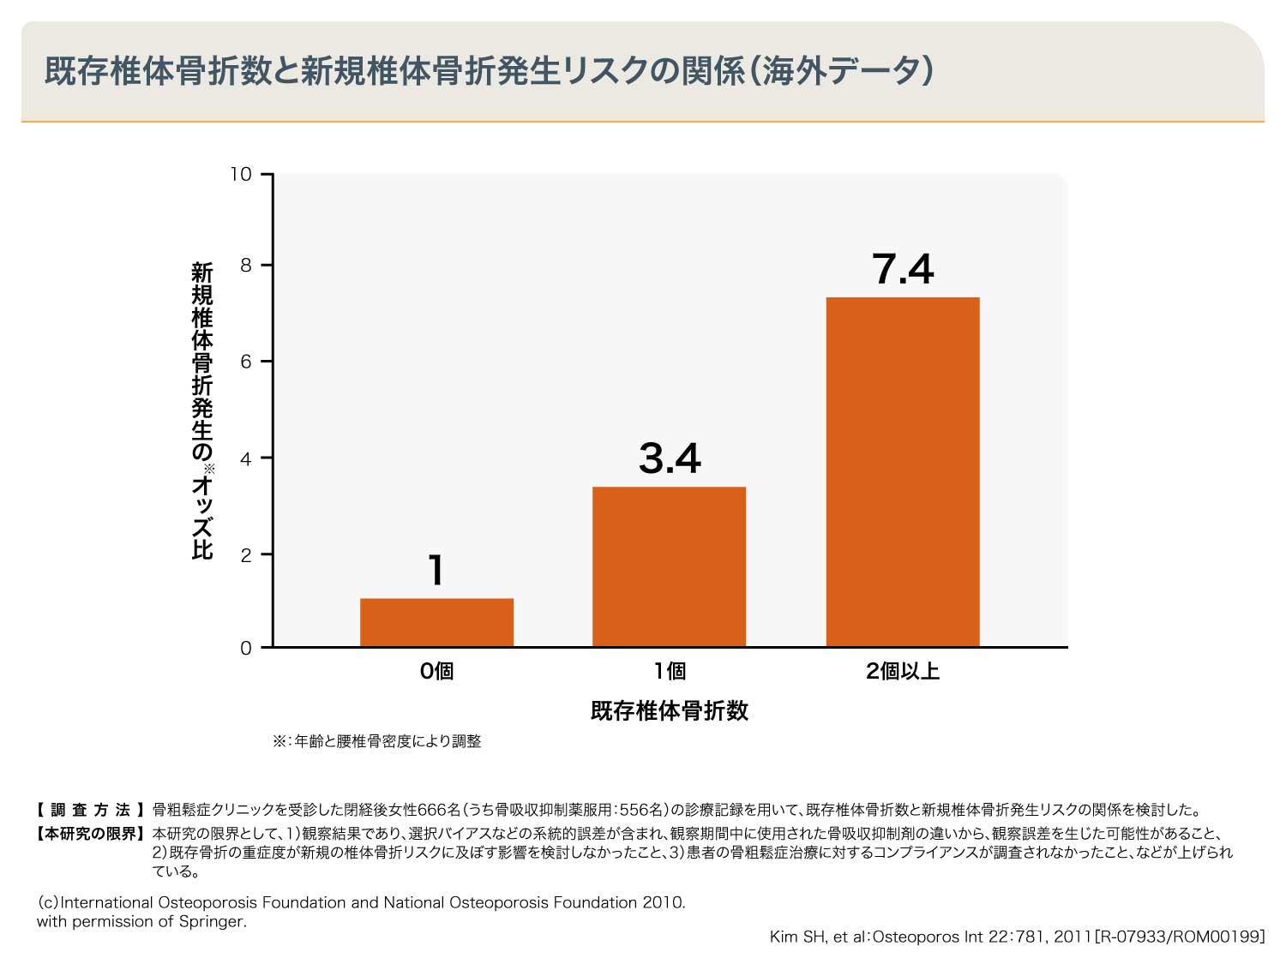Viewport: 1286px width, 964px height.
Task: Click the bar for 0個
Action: point(436,622)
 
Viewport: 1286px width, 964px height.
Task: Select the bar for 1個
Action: point(669,566)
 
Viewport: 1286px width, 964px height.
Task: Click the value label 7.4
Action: point(903,269)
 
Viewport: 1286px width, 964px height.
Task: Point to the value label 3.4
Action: point(670,458)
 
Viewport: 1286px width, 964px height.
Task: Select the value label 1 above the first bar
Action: point(436,571)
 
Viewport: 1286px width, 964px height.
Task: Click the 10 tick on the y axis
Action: point(241,175)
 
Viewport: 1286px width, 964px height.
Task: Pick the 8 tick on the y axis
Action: point(246,266)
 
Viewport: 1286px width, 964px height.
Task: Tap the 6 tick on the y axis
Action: point(246,362)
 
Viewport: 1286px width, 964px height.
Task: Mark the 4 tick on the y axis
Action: point(246,458)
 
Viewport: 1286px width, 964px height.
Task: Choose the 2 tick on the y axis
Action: point(246,555)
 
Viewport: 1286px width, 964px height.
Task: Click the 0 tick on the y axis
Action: point(246,648)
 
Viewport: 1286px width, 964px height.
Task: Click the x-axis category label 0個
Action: point(436,671)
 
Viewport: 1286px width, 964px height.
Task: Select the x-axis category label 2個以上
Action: point(902,671)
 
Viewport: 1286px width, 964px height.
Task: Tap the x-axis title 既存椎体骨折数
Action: point(669,710)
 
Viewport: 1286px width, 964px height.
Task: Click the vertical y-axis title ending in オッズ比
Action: point(201,411)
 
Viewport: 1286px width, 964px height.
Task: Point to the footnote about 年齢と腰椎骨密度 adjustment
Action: point(377,741)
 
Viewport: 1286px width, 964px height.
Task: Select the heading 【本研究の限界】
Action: point(90,833)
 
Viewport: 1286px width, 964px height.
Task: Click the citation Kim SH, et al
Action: point(1017,937)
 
